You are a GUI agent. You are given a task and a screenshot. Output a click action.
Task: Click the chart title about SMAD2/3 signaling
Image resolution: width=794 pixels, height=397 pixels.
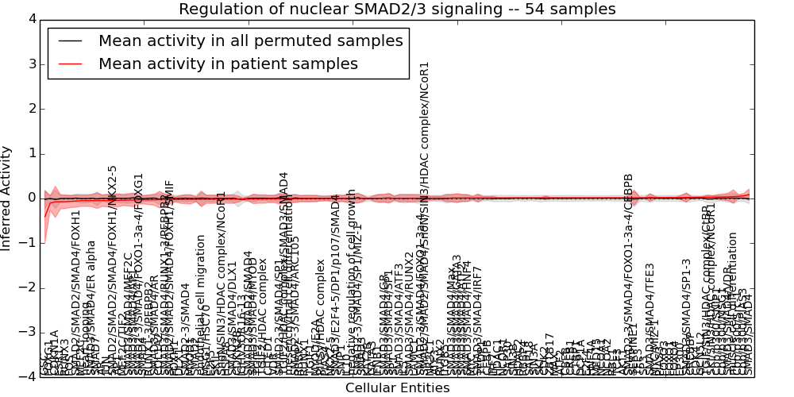[397, 10]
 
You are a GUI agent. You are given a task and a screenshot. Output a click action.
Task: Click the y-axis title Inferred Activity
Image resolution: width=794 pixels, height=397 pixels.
[7, 198]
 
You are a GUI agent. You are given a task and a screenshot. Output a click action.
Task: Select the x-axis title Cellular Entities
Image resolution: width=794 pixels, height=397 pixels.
[397, 388]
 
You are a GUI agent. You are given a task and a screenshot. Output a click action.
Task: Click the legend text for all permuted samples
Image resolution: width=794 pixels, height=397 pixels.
[250, 41]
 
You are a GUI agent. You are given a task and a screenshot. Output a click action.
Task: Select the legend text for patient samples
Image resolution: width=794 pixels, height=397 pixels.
[228, 64]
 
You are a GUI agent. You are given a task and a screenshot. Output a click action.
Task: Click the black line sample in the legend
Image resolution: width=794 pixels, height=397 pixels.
[69, 41]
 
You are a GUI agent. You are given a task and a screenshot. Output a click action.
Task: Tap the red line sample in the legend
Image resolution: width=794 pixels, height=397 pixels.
[69, 64]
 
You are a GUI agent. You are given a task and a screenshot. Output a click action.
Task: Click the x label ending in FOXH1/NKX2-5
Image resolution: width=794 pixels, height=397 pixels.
[113, 270]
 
